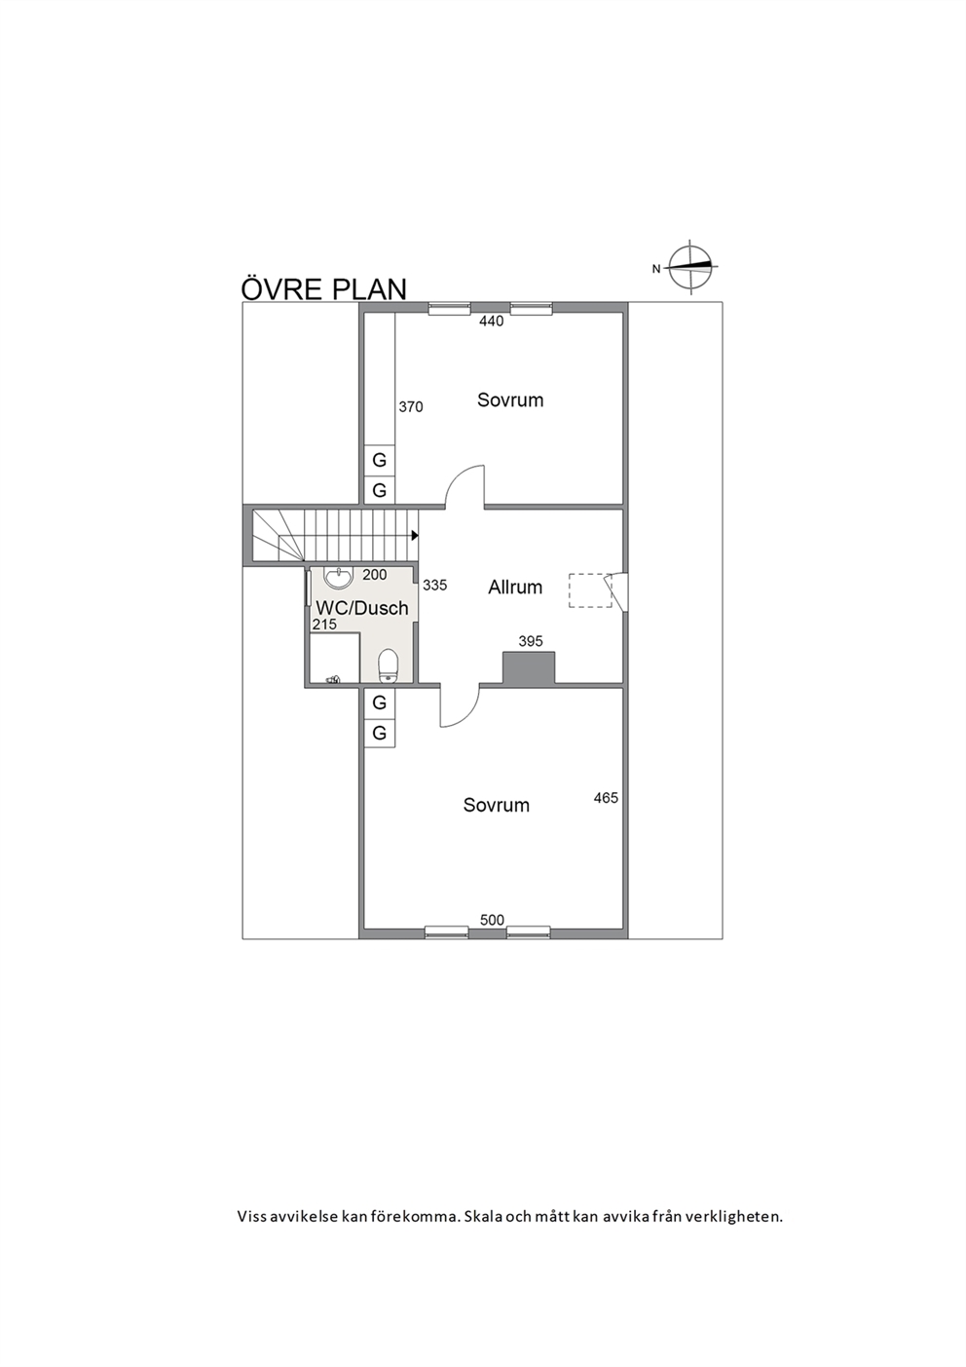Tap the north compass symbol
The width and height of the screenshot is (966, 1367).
click(690, 267)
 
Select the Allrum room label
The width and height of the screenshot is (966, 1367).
click(515, 588)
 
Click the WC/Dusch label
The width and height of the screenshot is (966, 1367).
click(361, 608)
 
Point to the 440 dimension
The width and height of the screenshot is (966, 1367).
click(492, 321)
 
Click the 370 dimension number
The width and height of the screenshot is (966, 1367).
click(410, 406)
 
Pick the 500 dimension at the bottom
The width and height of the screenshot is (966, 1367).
click(492, 919)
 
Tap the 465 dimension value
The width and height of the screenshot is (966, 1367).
click(606, 797)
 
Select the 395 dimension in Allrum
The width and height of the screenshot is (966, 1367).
click(530, 641)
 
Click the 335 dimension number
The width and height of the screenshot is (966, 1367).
click(435, 585)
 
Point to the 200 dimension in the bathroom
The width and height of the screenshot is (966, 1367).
click(375, 574)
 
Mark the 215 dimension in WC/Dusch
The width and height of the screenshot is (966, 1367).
click(324, 625)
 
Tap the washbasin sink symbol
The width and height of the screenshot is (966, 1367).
click(338, 577)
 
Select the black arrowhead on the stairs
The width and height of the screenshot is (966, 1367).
click(415, 535)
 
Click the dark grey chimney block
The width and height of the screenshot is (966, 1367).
click(529, 667)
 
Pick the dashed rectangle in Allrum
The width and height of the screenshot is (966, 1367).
click(590, 590)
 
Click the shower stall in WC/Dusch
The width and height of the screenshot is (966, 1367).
click(334, 658)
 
